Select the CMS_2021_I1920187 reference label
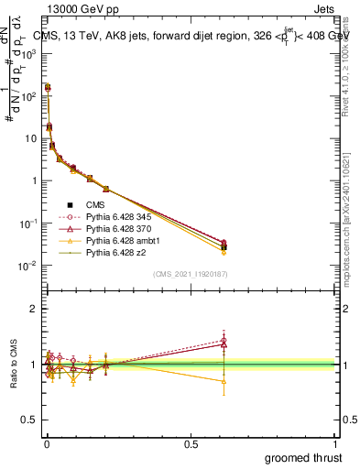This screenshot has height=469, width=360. pos(191,274)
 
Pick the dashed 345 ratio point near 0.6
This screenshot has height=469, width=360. pos(223,340)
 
